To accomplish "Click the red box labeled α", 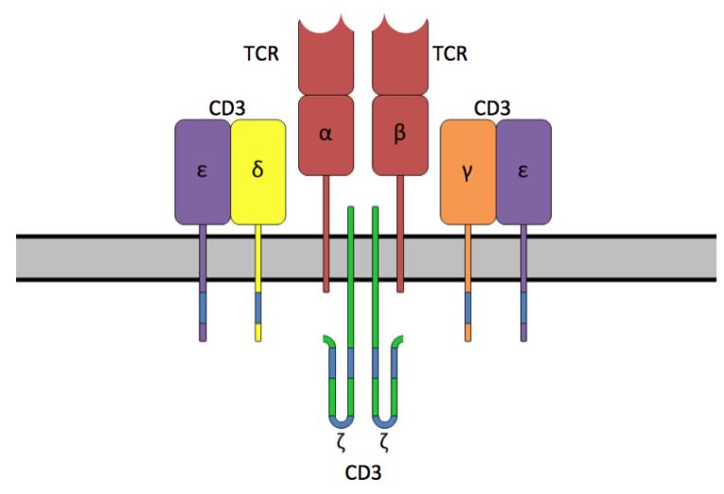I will click(326, 133).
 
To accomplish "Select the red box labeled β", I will click(399, 133).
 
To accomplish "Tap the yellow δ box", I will click(258, 172).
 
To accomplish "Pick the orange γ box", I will click(467, 172).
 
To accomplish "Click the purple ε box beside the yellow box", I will click(203, 172).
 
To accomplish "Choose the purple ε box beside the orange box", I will click(523, 172).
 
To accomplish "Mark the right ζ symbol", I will click(385, 441).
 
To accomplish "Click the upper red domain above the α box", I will click(326, 57).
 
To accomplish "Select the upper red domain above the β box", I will click(399, 57).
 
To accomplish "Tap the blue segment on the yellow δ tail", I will click(258, 308).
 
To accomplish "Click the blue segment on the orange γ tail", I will click(468, 308).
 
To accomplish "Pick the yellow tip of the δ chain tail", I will click(258, 332).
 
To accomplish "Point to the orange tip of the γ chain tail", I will click(468, 332).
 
